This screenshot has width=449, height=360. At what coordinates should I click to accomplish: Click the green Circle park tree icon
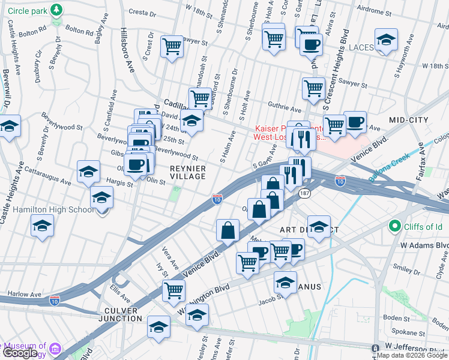click(56, 10)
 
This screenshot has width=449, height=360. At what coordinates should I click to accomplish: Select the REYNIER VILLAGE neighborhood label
click(188, 172)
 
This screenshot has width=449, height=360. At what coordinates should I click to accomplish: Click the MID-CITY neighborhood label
click(408, 120)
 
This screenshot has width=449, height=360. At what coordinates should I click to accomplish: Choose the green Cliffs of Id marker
click(394, 226)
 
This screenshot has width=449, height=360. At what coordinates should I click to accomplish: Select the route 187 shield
click(305, 193)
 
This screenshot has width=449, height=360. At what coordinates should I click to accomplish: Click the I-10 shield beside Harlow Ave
click(55, 298)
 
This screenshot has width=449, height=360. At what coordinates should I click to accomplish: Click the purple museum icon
click(55, 348)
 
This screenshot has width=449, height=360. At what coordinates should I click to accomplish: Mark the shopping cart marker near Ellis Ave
click(173, 290)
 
